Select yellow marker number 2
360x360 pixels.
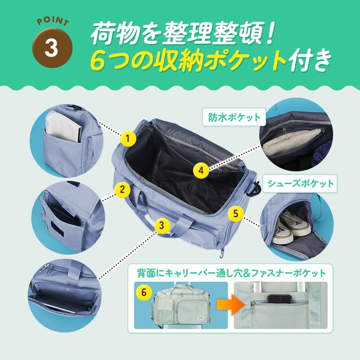pyautogui.click(x=120, y=189)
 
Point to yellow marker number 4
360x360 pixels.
pyautogui.click(x=201, y=170)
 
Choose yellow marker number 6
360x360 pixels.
pyautogui.click(x=144, y=292)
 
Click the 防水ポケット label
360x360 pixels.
pyautogui.click(x=234, y=118)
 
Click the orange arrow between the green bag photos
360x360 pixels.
pyautogui.click(x=227, y=305)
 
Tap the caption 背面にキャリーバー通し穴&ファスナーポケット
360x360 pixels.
pyautogui.click(x=231, y=273)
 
